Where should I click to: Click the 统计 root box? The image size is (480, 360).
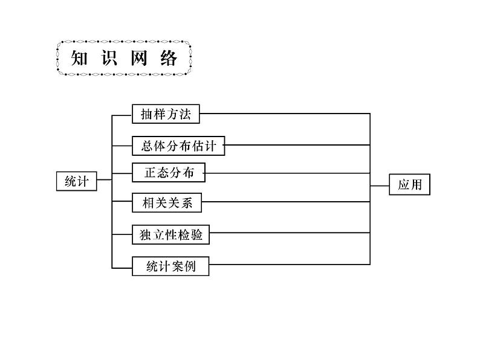tap(76, 181)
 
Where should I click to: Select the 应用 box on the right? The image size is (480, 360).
tap(409, 185)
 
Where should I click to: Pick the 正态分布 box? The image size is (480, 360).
tap(169, 173)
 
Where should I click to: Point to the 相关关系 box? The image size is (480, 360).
tap(166, 203)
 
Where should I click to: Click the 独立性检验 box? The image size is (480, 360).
tap(171, 234)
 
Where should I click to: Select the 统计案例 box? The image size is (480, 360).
tap(170, 266)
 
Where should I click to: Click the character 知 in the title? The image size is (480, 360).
tap(82, 59)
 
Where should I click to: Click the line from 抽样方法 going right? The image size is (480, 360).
tap(284, 113)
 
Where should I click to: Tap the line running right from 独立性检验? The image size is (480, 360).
tap(290, 233)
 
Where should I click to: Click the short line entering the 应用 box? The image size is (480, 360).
tap(380, 185)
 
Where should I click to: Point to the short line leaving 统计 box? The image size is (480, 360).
tap(105, 179)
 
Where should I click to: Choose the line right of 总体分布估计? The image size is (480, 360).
tap(297, 144)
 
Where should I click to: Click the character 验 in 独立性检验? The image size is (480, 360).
tap(196, 234)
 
